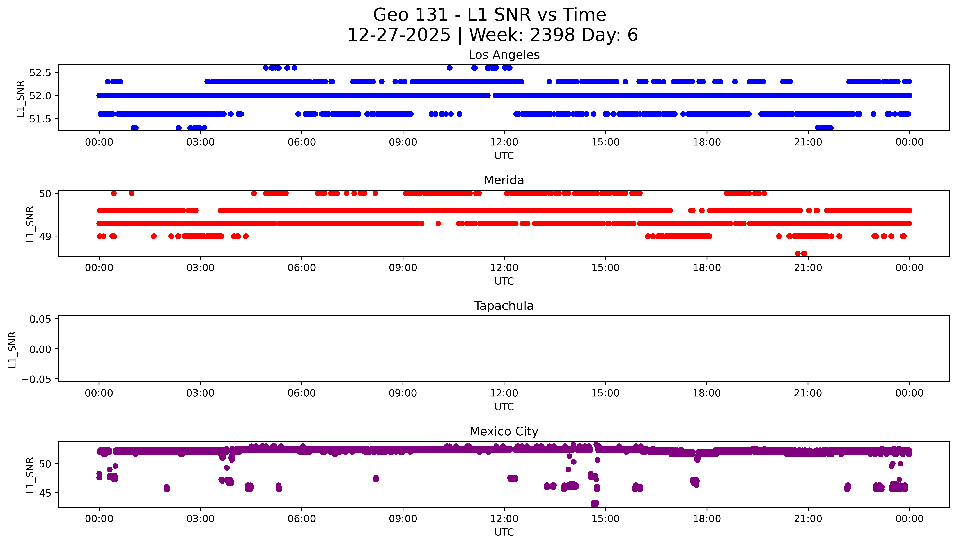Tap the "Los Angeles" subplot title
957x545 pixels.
[504, 55]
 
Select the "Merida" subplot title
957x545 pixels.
[504, 180]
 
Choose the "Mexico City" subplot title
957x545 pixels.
[504, 432]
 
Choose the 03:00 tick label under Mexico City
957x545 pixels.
[200, 519]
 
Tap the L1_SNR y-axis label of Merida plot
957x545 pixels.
[30, 224]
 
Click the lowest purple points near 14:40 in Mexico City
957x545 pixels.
[595, 503]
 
